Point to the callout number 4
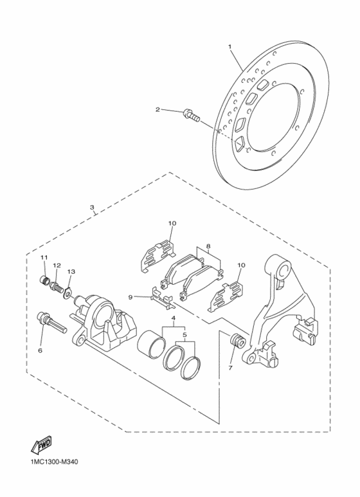(x=173, y=319)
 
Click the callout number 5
(x=186, y=334)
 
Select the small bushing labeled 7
(x=235, y=341)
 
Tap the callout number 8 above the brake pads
(x=208, y=246)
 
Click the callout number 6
(x=40, y=351)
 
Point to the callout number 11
(x=44, y=258)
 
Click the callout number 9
(x=130, y=297)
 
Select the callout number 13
(x=71, y=272)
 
